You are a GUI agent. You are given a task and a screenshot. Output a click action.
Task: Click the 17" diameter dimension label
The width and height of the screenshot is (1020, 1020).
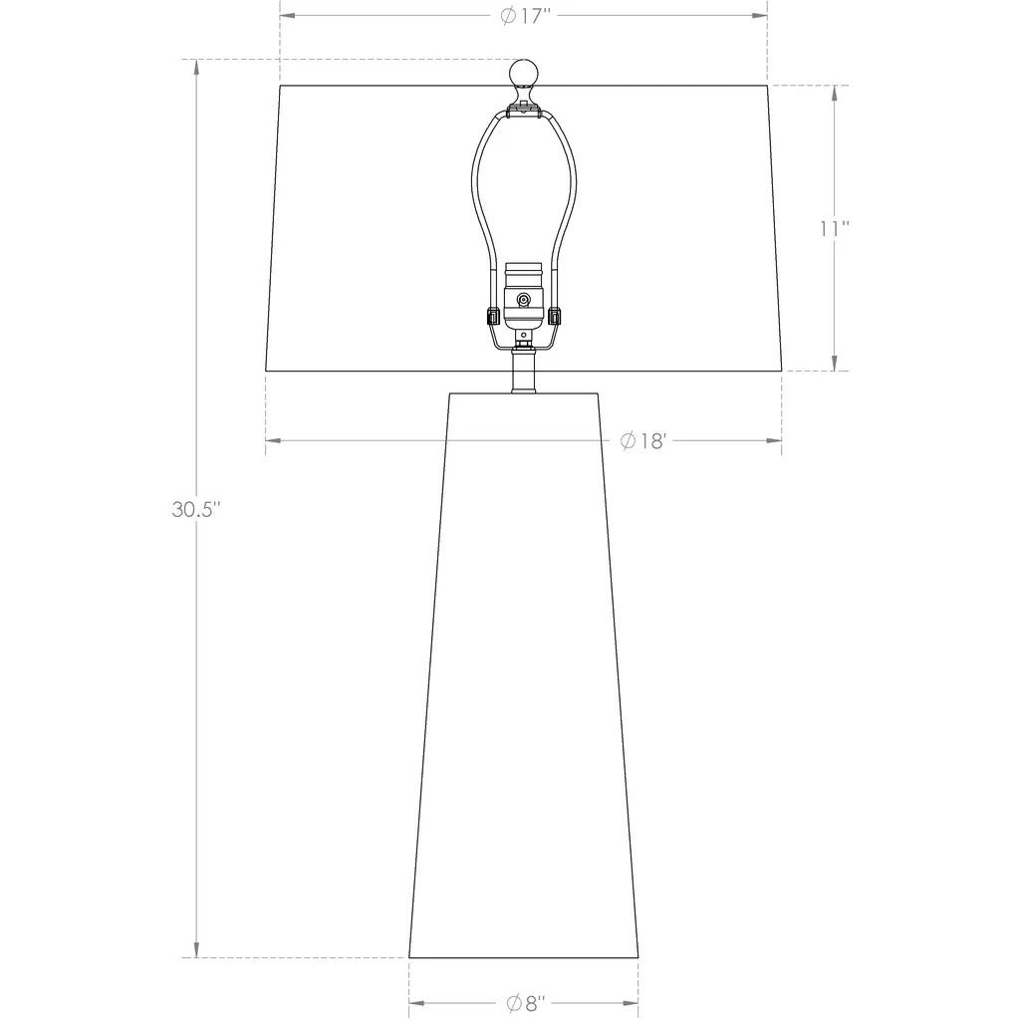coord(526,16)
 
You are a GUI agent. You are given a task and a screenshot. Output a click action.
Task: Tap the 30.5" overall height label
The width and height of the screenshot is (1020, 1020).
coord(196,509)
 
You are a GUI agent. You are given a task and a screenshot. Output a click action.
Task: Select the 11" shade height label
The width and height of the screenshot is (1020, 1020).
coord(834,229)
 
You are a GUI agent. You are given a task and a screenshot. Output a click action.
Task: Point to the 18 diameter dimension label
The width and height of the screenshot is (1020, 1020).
coord(643,441)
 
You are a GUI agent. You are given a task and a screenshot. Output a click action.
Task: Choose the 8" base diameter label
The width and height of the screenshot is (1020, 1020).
coord(526,1003)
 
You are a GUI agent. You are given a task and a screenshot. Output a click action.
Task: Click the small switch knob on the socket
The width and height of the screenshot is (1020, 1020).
coord(524,300)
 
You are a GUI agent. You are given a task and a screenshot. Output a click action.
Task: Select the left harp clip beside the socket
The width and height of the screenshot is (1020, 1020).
coord(492,316)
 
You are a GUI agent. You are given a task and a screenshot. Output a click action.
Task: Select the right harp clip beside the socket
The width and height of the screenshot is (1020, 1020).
coord(554,316)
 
